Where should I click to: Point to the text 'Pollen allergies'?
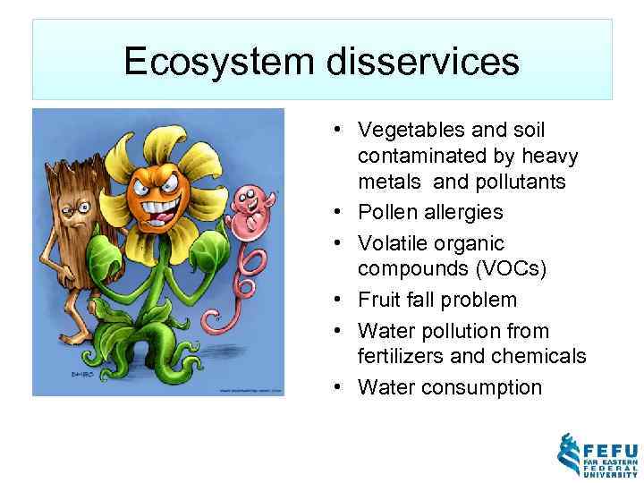[x=430, y=213]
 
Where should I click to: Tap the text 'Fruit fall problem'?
[x=437, y=300]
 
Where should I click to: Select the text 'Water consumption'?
[x=450, y=387]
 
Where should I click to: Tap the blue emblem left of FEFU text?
[x=570, y=455]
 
